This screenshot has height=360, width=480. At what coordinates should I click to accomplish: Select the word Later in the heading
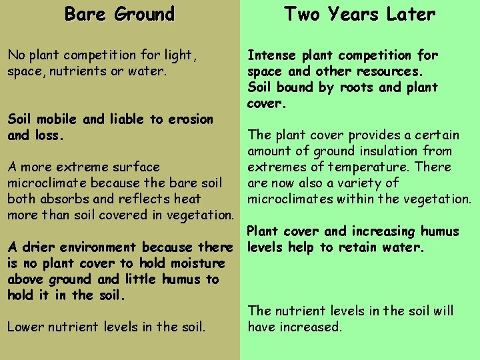tap(409, 14)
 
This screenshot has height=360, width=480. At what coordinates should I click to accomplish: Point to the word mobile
tap(56, 119)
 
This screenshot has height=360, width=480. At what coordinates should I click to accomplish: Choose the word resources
tap(389, 71)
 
